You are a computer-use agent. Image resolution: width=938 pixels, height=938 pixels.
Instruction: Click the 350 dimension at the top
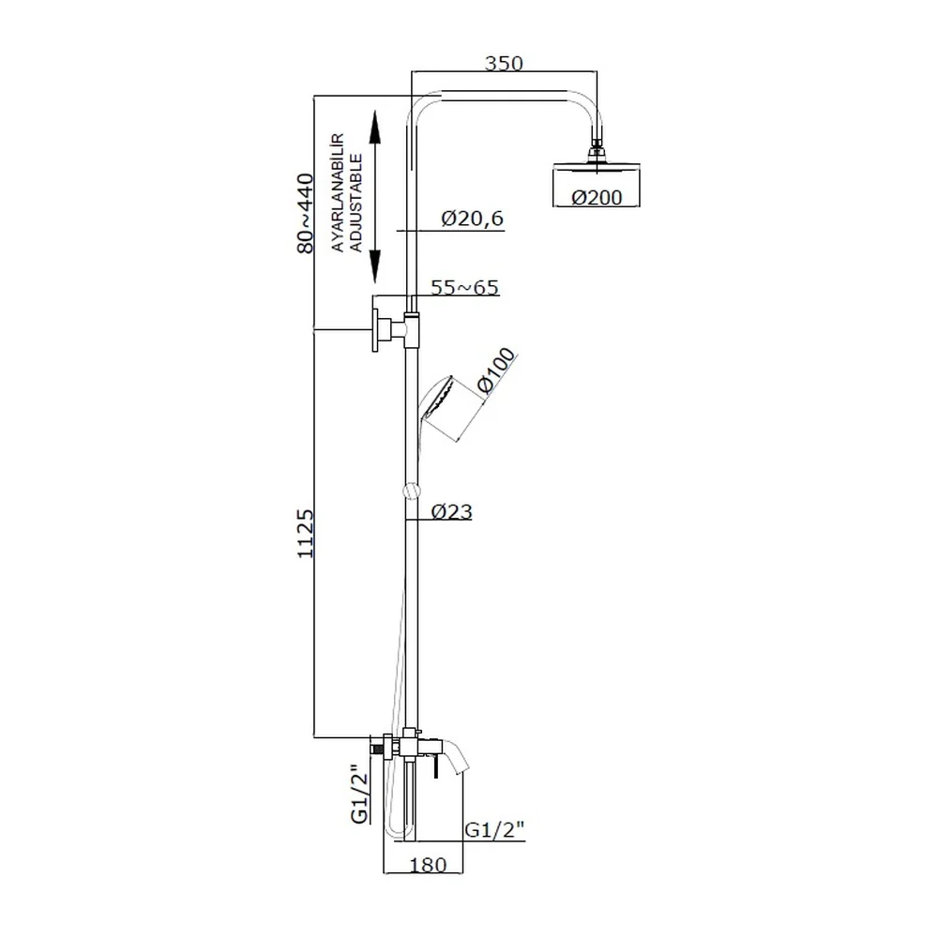(504, 63)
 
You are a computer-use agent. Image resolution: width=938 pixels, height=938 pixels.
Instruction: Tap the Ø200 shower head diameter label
(597, 197)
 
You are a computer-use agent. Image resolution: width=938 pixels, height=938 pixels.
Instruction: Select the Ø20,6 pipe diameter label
(473, 219)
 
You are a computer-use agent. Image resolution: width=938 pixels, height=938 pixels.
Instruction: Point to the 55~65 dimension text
(465, 288)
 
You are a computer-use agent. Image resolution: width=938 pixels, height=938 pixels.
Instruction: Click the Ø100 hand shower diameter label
(496, 370)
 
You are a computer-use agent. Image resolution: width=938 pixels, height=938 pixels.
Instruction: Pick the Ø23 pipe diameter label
(452, 511)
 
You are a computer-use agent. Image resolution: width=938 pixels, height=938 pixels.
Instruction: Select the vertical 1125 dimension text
(305, 534)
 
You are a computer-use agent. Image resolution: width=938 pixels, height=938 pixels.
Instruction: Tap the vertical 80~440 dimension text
(305, 214)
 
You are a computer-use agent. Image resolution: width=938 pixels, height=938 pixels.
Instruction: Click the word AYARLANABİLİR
(338, 192)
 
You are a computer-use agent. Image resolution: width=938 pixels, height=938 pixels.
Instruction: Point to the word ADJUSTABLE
(356, 204)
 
